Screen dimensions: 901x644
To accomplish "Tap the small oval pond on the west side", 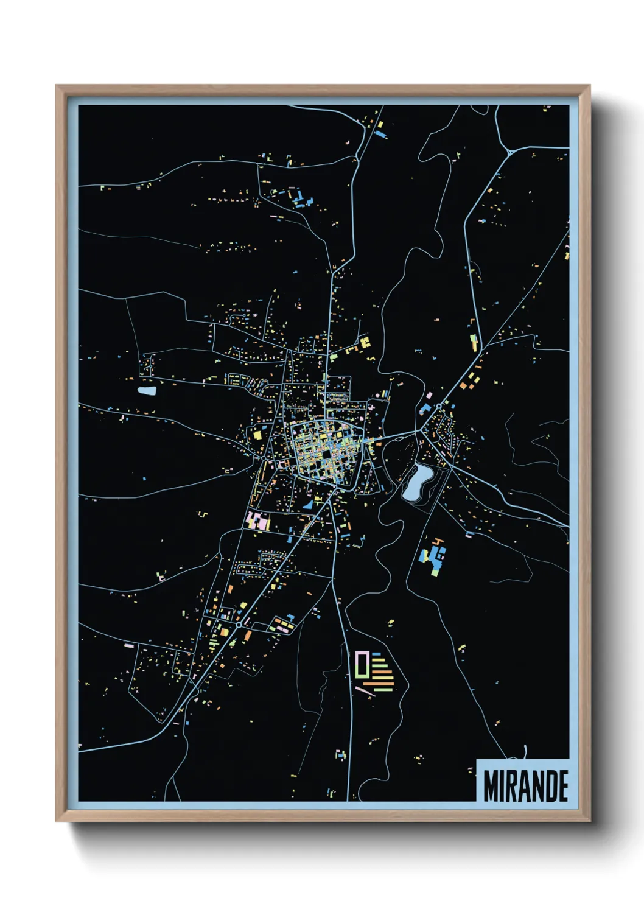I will pyautogui.click(x=147, y=391).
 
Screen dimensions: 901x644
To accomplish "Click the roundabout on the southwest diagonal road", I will pyautogui.click(x=239, y=625).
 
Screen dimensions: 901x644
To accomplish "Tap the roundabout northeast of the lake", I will pyautogui.click(x=438, y=405).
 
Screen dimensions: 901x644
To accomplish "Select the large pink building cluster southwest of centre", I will pyautogui.click(x=258, y=522).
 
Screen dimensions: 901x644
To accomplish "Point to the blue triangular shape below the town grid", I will pyautogui.click(x=308, y=504).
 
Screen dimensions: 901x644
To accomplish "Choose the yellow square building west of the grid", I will pyautogui.click(x=257, y=434).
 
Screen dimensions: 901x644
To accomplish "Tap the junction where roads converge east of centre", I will pyautogui.click(x=419, y=431).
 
